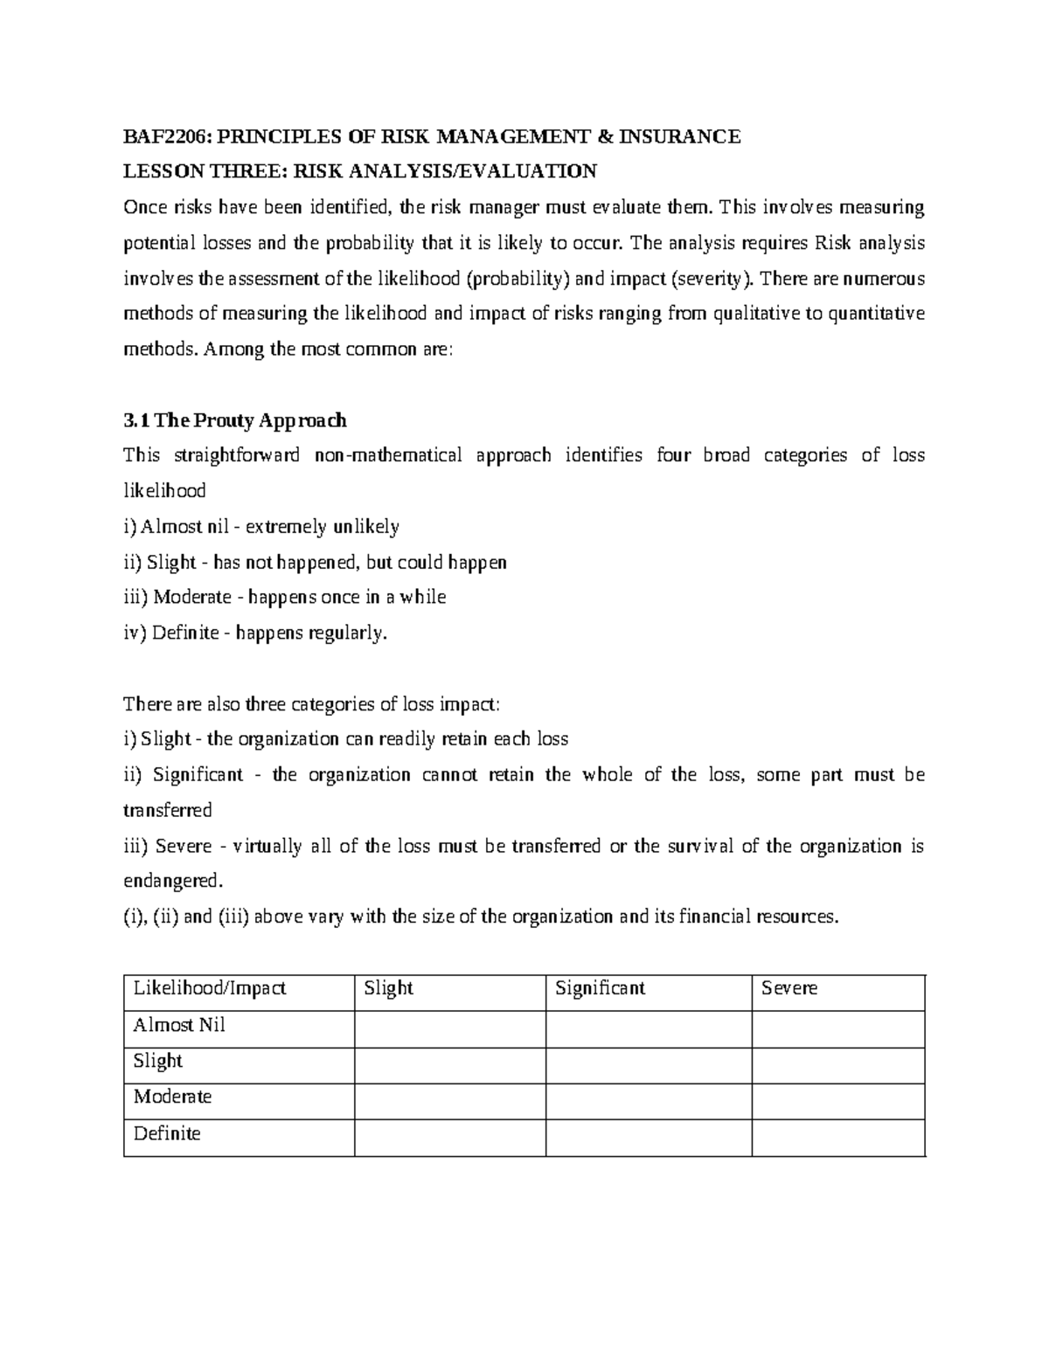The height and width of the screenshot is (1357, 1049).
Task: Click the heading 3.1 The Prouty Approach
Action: [x=235, y=420]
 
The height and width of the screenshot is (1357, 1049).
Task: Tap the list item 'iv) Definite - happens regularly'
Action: [x=254, y=633]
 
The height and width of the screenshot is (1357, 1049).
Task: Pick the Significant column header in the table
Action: [x=601, y=988]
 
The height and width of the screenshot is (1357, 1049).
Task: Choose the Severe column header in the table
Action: [x=789, y=988]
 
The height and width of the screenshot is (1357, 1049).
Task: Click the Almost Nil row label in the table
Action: [x=179, y=1025]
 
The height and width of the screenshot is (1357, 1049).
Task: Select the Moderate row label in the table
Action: [x=172, y=1097]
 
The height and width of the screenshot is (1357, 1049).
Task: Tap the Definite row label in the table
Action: [x=167, y=1133]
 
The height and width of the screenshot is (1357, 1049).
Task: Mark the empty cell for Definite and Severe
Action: [x=838, y=1138]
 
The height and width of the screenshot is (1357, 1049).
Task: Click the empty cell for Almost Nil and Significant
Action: [x=649, y=1029]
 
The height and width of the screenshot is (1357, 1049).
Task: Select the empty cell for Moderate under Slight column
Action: [x=450, y=1101]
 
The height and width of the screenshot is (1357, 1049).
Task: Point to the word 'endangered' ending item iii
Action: [x=171, y=881]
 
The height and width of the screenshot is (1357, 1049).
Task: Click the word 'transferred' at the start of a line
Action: [x=168, y=810]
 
